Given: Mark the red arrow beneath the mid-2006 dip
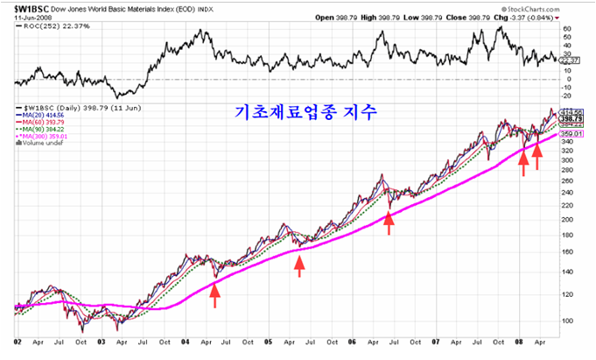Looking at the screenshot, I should pyautogui.click(x=389, y=222).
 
